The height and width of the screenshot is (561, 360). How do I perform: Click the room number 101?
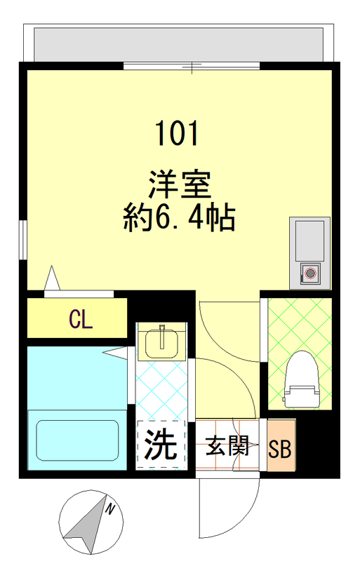[176, 133]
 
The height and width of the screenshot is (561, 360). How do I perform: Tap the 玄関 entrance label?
[227, 447]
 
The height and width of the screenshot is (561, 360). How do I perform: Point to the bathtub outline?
[77, 440]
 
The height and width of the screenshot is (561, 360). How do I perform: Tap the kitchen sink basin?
[309, 238]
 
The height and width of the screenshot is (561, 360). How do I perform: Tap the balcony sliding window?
[192, 66]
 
